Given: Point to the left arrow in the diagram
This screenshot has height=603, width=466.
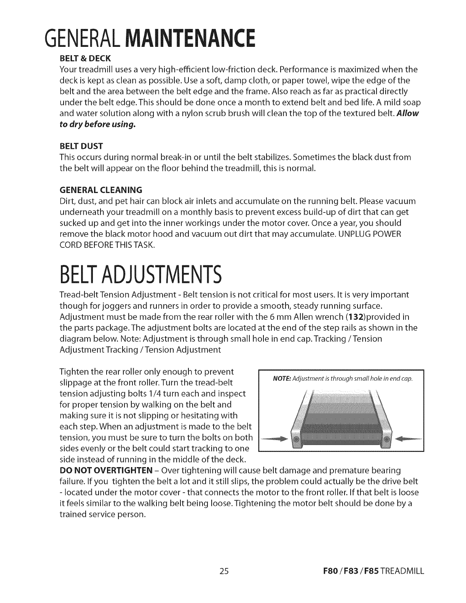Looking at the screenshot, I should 274,439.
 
